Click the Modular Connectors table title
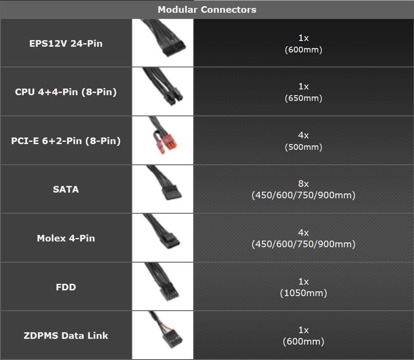(x=207, y=9)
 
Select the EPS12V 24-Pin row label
(x=66, y=43)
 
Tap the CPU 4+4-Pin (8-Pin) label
(x=66, y=92)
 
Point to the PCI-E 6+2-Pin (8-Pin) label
(x=66, y=141)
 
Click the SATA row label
(x=66, y=189)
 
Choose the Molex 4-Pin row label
(x=66, y=238)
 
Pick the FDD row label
(x=66, y=287)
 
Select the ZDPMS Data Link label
(x=66, y=336)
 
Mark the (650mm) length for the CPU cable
(x=303, y=98)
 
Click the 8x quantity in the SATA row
(x=303, y=184)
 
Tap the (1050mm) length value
(x=303, y=293)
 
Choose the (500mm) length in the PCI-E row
(x=303, y=147)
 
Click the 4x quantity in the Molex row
(x=303, y=233)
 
